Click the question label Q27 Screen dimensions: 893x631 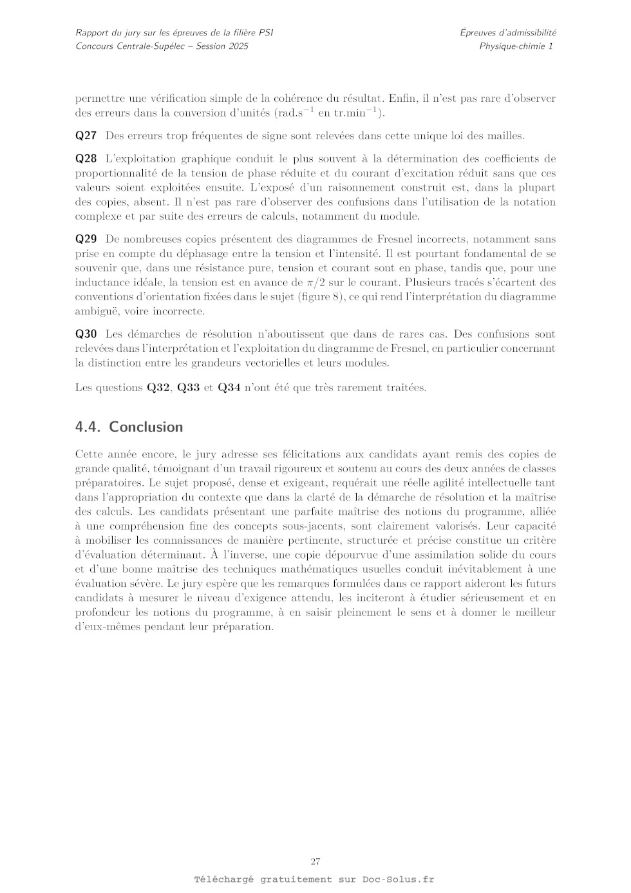86,136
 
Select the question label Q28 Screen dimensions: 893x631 86,158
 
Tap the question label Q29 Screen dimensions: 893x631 86,239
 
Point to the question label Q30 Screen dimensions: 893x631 86,334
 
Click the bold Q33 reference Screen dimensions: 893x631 188,388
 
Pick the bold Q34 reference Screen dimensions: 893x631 229,388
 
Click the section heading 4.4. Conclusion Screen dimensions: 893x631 129,427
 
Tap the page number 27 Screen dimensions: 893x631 315,861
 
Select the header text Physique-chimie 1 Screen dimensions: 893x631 516,46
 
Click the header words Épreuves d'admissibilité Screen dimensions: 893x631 508,32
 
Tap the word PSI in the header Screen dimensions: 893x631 265,32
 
